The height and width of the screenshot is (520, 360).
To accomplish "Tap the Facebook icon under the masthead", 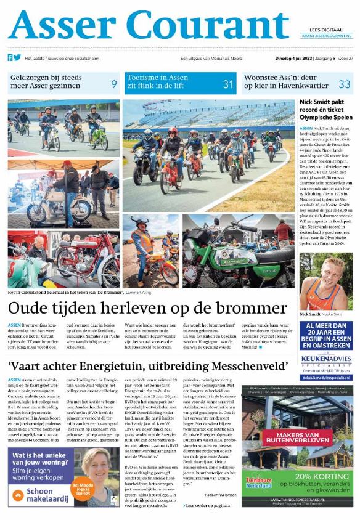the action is tap(10, 57).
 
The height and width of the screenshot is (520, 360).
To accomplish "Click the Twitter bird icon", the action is tap(17, 57).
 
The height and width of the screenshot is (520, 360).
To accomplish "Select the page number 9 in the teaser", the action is tap(113, 84).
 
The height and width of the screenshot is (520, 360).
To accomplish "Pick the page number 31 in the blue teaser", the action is tap(228, 84).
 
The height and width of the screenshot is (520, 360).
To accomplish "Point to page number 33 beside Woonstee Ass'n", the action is tap(344, 84).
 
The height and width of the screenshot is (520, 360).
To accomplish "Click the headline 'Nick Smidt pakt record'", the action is tap(326, 112).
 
